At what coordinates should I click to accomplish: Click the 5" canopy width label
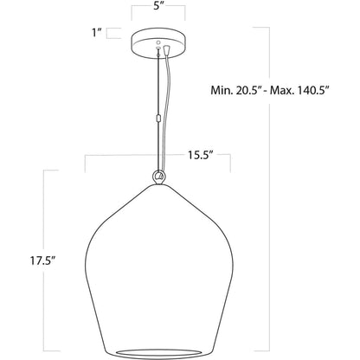[x=157, y=6]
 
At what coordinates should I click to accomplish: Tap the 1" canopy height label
[x=97, y=33]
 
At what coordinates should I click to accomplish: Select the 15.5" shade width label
[x=201, y=155]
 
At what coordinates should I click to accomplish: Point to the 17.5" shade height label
[x=42, y=260]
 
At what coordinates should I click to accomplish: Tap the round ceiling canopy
[x=158, y=43]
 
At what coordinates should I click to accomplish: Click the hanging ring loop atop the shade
[x=158, y=177]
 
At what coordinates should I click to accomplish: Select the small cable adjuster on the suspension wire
[x=157, y=118]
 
